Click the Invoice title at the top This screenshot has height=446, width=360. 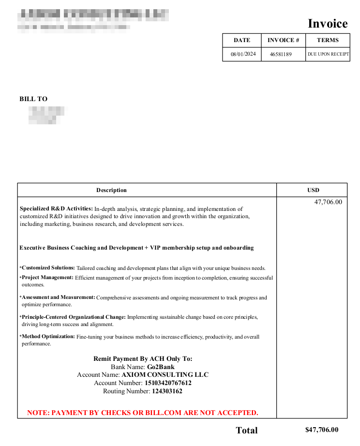[x=328, y=24]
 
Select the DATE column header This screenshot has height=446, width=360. [x=242, y=40]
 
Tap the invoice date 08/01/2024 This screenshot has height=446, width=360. [x=243, y=54]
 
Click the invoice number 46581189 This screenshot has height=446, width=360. [x=281, y=54]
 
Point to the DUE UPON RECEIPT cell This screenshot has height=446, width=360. [x=328, y=54]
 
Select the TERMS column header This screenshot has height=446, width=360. [x=328, y=40]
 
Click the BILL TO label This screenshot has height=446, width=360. [x=33, y=99]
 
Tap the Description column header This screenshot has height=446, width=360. [x=111, y=190]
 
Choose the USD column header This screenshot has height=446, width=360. [x=313, y=190]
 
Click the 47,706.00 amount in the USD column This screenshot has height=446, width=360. [x=328, y=202]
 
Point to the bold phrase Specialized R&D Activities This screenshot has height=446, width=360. [x=56, y=209]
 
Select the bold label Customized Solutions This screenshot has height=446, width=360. [x=48, y=268]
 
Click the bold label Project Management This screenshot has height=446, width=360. [x=47, y=278]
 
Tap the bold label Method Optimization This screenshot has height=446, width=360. [x=48, y=336]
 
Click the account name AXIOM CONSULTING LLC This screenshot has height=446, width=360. [x=165, y=375]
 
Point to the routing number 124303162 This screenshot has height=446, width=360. [x=167, y=391]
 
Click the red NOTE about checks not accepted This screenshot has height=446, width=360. [x=143, y=413]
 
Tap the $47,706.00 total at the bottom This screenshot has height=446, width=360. [x=322, y=430]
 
